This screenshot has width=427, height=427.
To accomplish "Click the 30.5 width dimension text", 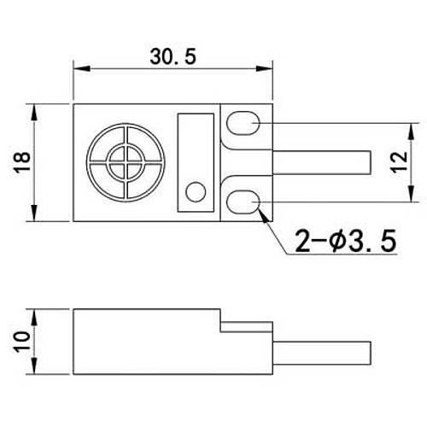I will [173, 57].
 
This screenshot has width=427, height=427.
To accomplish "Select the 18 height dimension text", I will [22, 161].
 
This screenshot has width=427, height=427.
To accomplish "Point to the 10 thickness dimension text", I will [22, 341].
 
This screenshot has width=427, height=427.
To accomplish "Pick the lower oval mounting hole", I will [245, 202].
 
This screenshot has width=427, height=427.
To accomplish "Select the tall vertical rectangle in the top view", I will [196, 161].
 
